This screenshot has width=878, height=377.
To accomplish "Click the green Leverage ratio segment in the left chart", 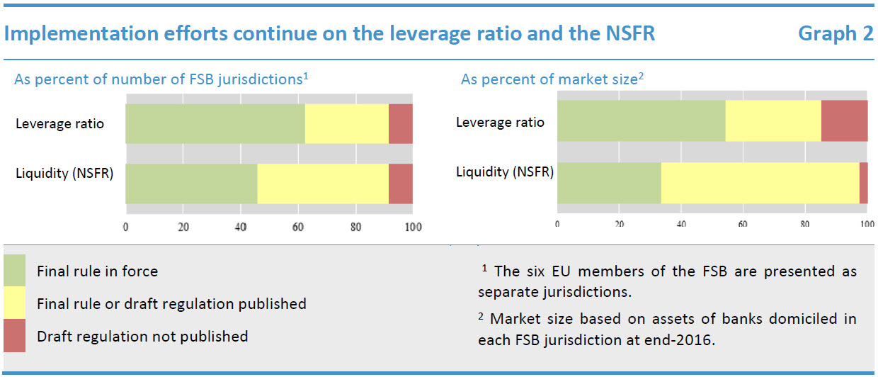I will (215, 123).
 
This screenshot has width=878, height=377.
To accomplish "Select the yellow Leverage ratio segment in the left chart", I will (347, 123).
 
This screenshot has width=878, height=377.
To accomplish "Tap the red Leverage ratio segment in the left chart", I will (401, 123).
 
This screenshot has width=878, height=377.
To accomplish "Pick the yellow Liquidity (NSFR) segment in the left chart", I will (323, 184).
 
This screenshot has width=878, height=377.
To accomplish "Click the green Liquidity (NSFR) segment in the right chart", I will (609, 183).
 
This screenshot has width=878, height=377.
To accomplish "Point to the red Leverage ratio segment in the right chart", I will (844, 120).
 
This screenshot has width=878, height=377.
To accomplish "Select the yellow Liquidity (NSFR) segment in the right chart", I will (760, 183).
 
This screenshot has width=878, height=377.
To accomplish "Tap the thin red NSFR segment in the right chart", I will (863, 183).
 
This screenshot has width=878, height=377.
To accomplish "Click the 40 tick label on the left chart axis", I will (240, 227).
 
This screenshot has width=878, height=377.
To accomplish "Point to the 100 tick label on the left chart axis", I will (413, 227).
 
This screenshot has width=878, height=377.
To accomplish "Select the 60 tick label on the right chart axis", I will (743, 224).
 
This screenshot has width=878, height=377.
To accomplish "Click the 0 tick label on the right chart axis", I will (557, 224).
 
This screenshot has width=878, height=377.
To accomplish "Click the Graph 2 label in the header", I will (836, 33).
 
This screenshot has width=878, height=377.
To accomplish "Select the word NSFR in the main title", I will (622, 33).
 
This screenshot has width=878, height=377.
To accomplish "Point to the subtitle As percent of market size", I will (549, 79).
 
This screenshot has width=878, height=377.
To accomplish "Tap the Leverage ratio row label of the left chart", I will (59, 123).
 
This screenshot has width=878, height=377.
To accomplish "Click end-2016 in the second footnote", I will (680, 339).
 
